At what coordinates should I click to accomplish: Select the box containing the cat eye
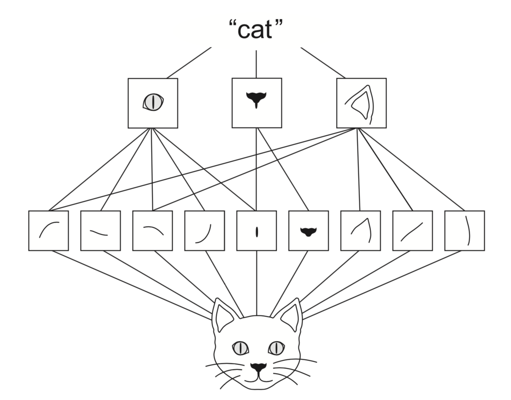point(153,103)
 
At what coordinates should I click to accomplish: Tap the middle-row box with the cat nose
point(257,103)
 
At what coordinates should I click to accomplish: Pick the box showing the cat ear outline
point(361,103)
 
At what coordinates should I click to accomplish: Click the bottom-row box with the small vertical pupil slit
point(257,231)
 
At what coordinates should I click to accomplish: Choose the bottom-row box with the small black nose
point(308,231)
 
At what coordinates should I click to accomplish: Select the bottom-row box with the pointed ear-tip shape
point(360,231)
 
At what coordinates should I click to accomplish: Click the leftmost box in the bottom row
point(48,231)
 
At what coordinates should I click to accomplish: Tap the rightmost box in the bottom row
point(464,231)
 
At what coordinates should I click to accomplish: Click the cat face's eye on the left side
point(240,348)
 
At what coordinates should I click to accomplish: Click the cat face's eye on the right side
point(276,348)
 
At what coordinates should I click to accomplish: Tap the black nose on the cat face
point(258,367)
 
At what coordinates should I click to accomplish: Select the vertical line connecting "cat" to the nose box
point(256,64)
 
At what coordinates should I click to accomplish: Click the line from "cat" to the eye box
point(189,63)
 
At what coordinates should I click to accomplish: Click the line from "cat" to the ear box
point(323,63)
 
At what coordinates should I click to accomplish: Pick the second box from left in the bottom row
point(100,231)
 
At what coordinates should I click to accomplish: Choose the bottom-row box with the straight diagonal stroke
point(412,231)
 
